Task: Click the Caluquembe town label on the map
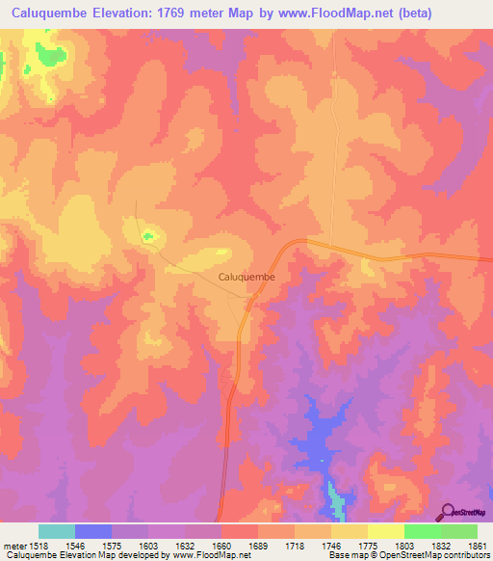(x=248, y=277)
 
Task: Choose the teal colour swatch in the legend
(x=57, y=531)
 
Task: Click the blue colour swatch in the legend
(x=93, y=531)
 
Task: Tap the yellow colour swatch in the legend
(x=386, y=531)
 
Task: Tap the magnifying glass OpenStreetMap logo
(x=446, y=511)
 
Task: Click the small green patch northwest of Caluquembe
(x=147, y=235)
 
